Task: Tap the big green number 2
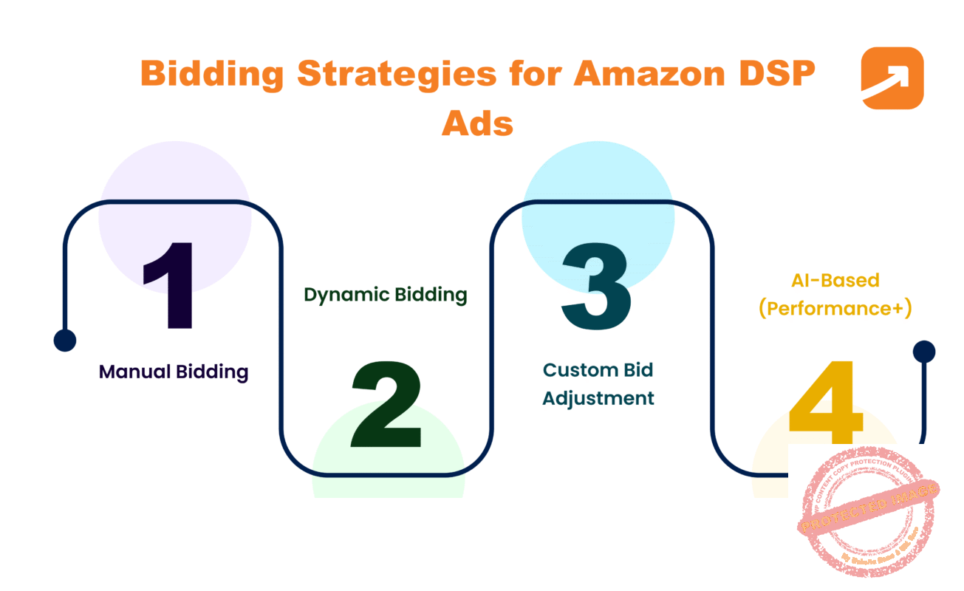pos(386,406)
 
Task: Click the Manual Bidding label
pos(174,372)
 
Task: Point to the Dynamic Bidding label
pos(386,295)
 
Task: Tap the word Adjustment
pos(598,398)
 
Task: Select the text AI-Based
pos(835,281)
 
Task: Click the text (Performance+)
pos(835,308)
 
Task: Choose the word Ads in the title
pos(477,123)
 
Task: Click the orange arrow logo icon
pos(892,78)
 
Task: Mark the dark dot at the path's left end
pos(65,340)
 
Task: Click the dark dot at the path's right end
pos(923,352)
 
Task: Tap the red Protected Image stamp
pos(867,512)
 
